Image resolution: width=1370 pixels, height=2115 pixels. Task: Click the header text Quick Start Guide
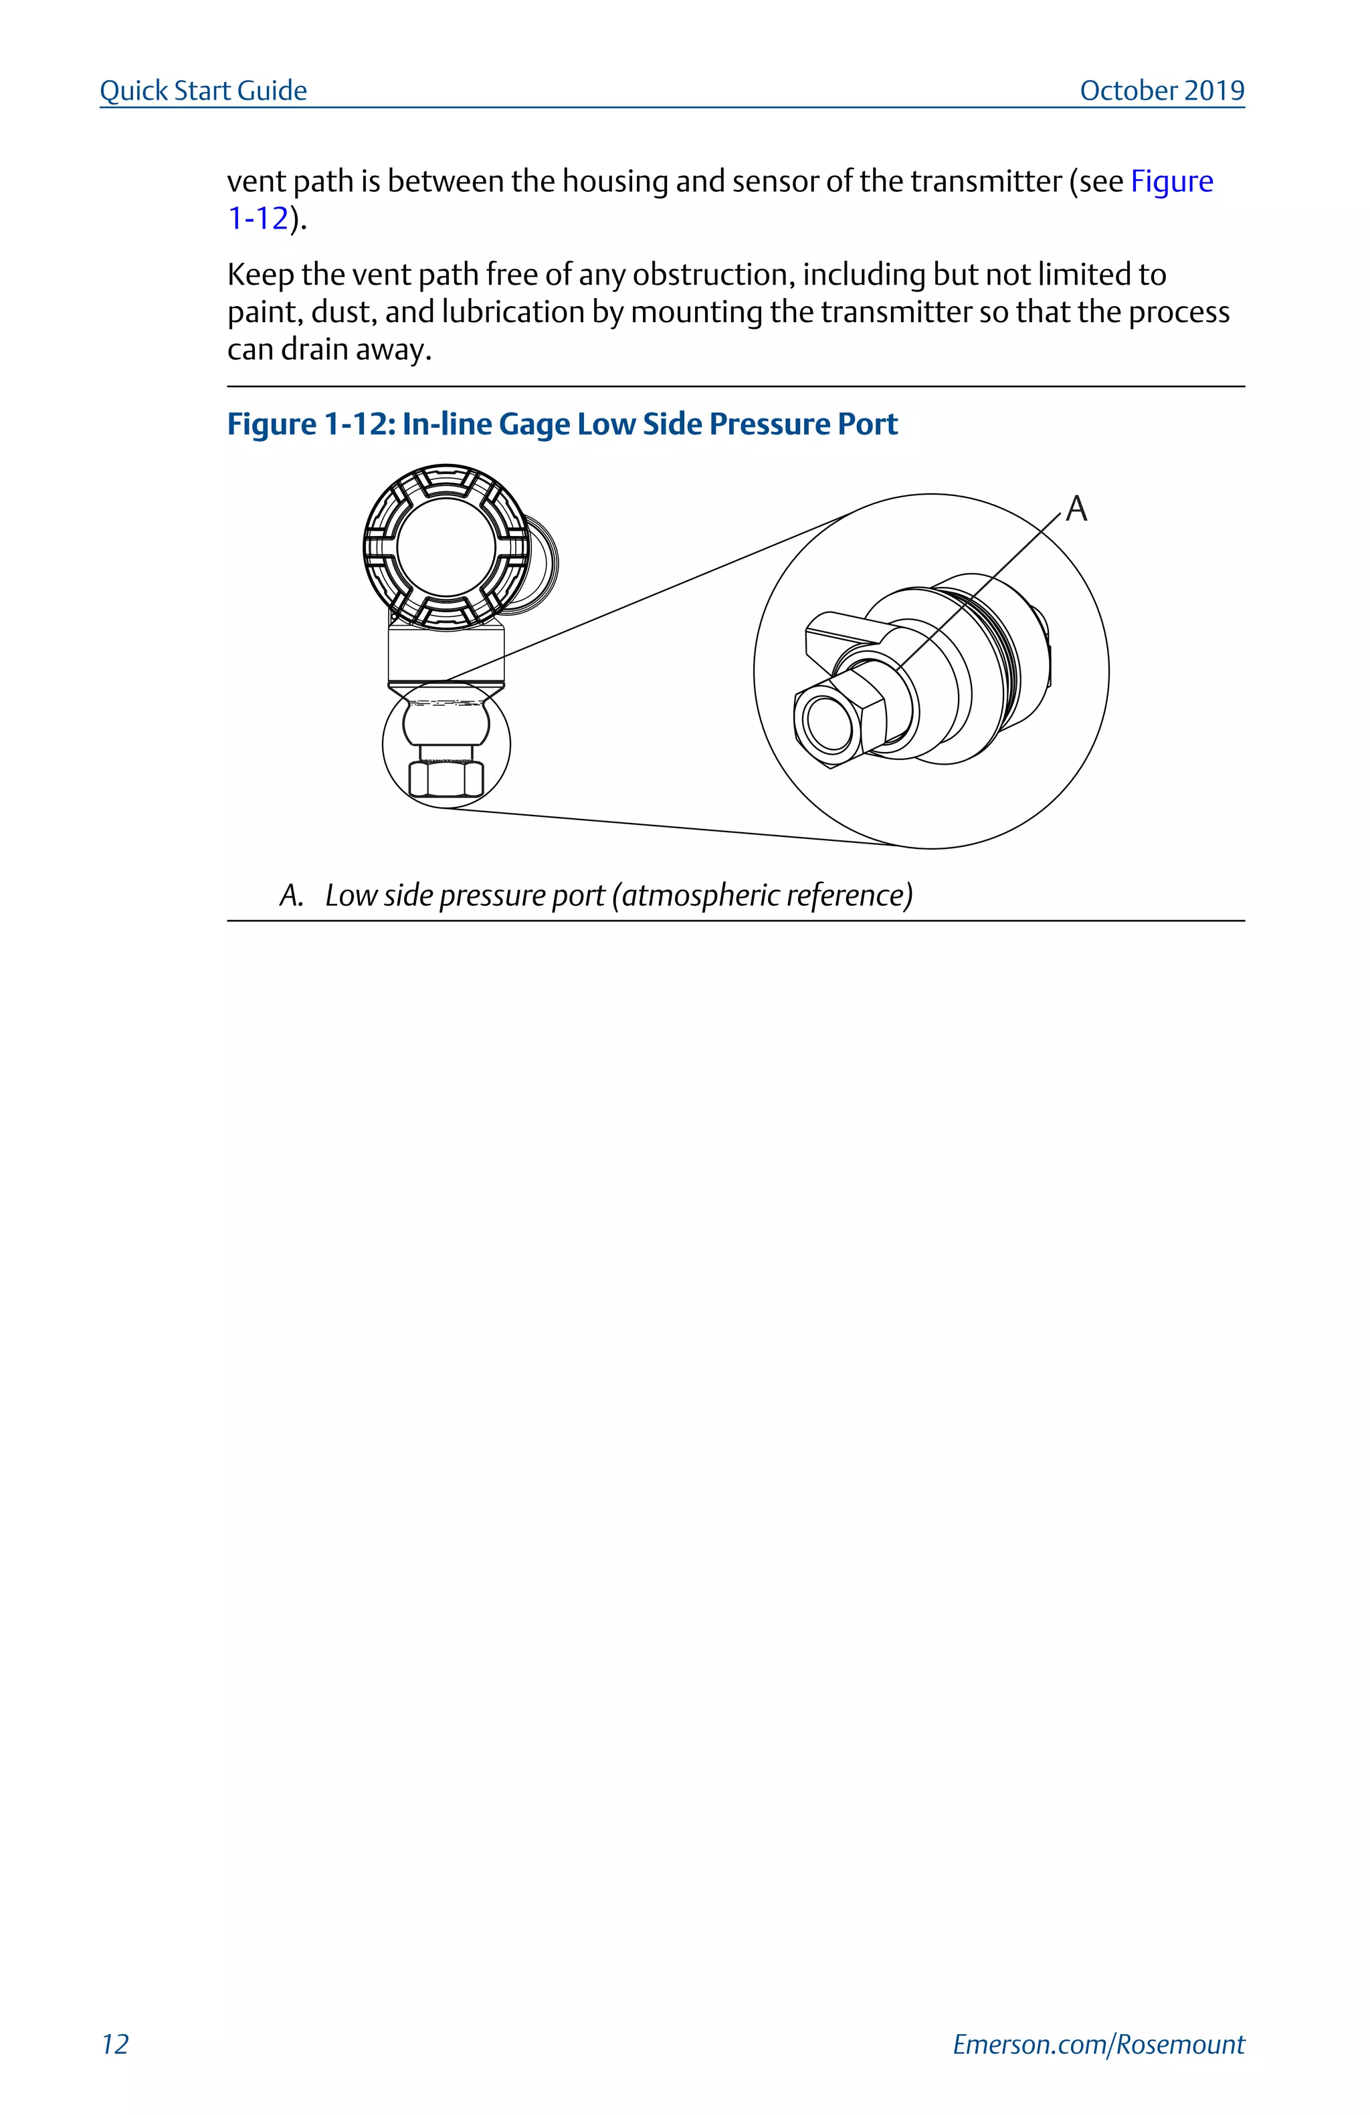point(203,91)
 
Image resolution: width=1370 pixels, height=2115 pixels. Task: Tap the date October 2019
point(1161,91)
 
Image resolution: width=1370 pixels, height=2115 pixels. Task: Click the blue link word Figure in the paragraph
point(1171,181)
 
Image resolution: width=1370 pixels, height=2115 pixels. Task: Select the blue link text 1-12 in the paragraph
point(258,219)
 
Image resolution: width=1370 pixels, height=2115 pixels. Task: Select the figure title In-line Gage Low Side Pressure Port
point(649,424)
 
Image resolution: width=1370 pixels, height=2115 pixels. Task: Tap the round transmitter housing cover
point(446,547)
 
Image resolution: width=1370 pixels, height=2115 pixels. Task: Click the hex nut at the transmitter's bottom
point(446,779)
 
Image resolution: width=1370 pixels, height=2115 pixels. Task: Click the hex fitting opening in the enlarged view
point(827,720)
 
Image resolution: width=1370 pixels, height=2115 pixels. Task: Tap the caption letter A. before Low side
point(291,895)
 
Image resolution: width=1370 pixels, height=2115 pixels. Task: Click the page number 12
point(114,2044)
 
